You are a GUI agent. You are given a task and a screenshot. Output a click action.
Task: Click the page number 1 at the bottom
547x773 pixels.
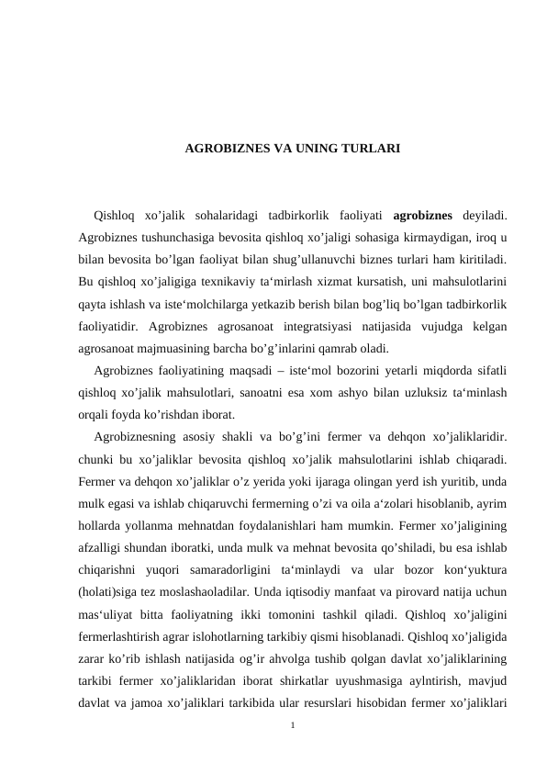point(291,725)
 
